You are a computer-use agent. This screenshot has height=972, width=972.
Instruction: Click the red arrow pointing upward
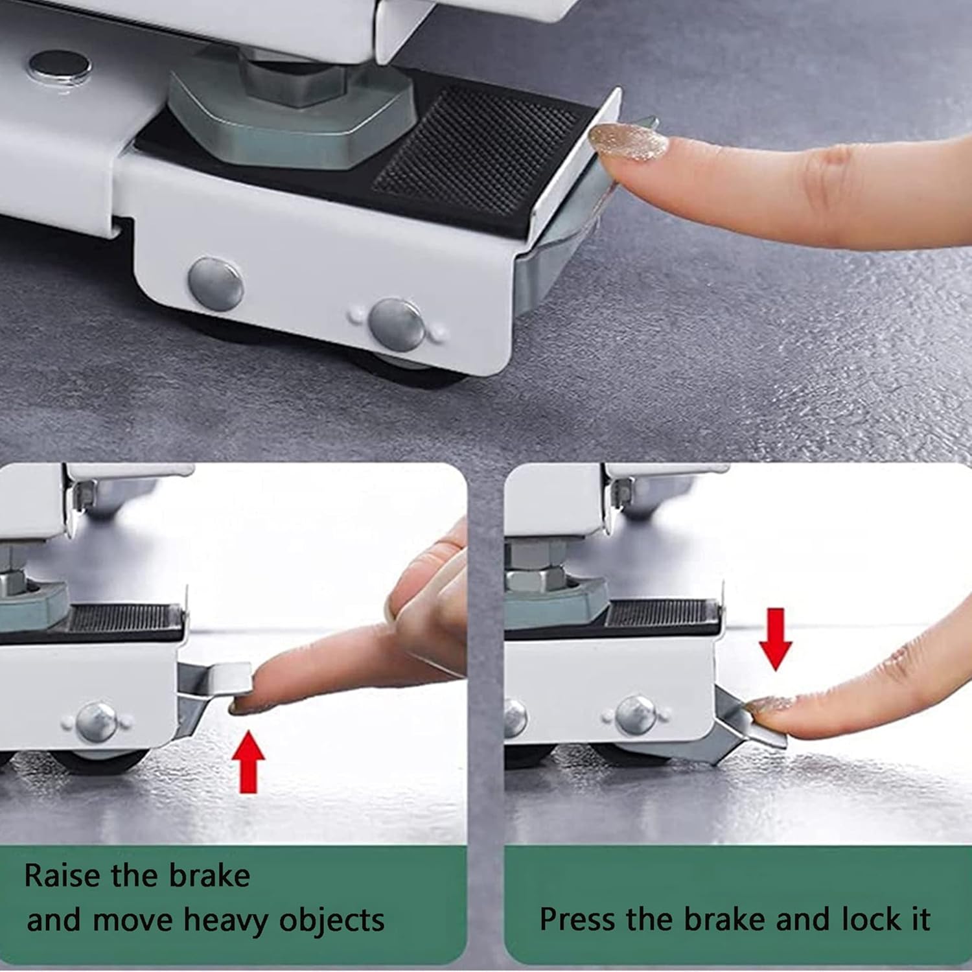(249, 762)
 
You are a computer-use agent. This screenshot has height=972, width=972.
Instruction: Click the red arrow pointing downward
(776, 639)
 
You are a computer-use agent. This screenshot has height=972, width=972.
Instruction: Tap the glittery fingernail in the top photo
(628, 142)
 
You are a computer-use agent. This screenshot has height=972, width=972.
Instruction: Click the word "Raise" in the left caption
(62, 876)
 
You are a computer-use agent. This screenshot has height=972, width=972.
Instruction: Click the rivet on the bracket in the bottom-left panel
(97, 722)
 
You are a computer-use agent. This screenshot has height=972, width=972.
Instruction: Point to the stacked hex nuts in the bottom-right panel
(535, 564)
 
